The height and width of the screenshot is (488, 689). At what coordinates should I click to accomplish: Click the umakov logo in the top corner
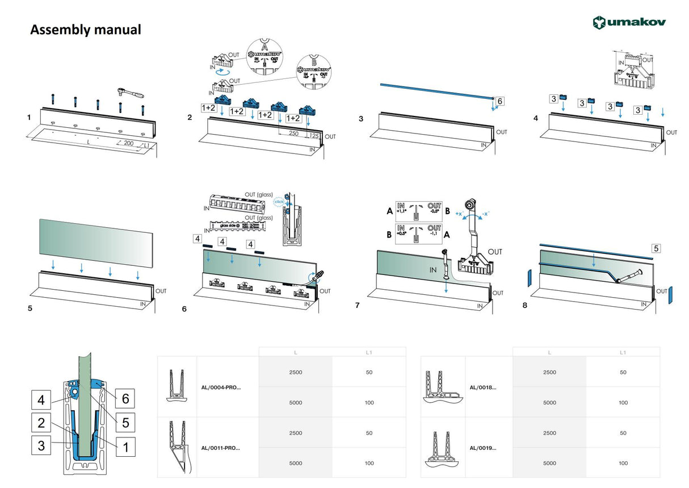[629, 22]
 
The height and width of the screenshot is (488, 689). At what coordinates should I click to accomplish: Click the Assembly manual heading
[85, 30]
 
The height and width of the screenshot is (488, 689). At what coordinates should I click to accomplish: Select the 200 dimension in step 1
[128, 144]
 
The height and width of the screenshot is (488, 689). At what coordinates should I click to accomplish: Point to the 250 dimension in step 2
[293, 134]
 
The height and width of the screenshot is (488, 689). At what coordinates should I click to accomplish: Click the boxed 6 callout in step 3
[499, 101]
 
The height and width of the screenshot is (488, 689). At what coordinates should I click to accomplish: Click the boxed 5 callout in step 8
[656, 248]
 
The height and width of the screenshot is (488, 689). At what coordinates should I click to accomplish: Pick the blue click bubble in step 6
[279, 202]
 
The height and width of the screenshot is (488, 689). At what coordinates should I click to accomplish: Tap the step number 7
[357, 306]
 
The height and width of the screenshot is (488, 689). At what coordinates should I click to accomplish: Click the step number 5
[30, 310]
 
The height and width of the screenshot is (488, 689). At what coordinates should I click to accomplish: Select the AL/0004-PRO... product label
[221, 387]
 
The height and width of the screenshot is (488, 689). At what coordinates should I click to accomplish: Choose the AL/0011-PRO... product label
[221, 448]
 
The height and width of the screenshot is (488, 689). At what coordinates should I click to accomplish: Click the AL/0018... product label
[483, 387]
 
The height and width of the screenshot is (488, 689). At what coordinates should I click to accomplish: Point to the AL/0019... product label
[483, 448]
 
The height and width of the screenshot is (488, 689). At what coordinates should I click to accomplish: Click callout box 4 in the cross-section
[41, 400]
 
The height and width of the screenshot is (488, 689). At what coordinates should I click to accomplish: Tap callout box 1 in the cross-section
[125, 446]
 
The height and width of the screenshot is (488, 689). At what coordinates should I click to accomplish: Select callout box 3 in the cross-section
[41, 446]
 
